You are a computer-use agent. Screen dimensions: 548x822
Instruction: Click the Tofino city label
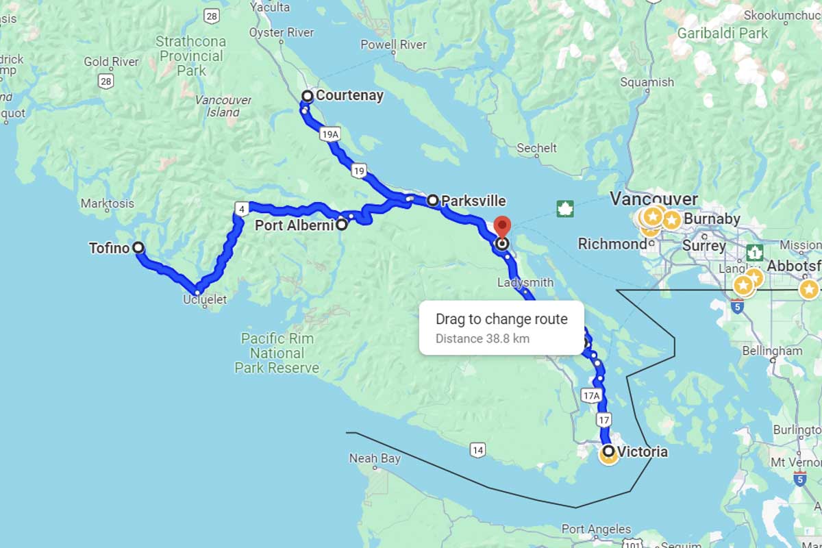pyautogui.click(x=109, y=248)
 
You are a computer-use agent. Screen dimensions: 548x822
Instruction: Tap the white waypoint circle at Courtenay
pyautogui.click(x=308, y=96)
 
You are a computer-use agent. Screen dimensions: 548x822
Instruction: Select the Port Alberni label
pyautogui.click(x=295, y=225)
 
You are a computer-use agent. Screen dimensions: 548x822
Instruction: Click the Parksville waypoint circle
pyautogui.click(x=433, y=201)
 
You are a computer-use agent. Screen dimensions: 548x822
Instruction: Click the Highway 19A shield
pyautogui.click(x=330, y=134)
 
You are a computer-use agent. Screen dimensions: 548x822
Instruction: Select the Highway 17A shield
pyautogui.click(x=590, y=395)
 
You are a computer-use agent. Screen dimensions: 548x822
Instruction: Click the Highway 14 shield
pyautogui.click(x=478, y=450)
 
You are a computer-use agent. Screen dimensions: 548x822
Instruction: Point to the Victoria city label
pyautogui.click(x=642, y=452)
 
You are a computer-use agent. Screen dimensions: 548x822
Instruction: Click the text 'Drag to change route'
pyautogui.click(x=501, y=319)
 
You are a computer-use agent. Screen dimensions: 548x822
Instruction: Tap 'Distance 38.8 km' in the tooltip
pyautogui.click(x=482, y=338)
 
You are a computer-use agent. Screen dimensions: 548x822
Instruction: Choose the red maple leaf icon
pyautogui.click(x=565, y=208)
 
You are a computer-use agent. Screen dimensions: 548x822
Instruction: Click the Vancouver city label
pyautogui.click(x=653, y=199)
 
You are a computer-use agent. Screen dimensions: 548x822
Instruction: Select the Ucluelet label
pyautogui.click(x=205, y=300)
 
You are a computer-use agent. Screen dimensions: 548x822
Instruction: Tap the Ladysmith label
pyautogui.click(x=526, y=282)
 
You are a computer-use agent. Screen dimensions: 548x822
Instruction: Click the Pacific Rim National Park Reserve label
pyautogui.click(x=277, y=353)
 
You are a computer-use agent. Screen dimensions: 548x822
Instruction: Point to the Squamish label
pyautogui.click(x=647, y=82)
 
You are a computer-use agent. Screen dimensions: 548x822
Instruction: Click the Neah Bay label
pyautogui.click(x=374, y=458)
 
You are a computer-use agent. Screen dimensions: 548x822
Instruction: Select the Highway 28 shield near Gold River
pyautogui.click(x=105, y=82)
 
